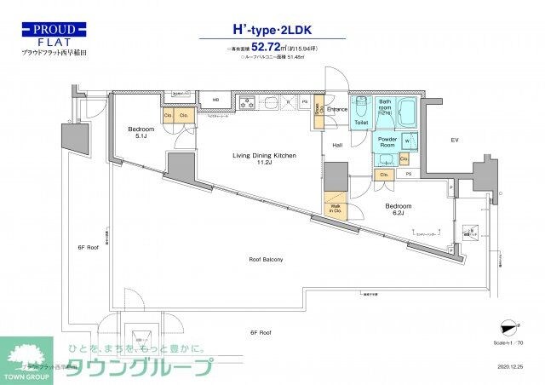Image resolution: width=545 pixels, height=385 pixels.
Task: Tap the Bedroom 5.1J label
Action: tap(141, 133)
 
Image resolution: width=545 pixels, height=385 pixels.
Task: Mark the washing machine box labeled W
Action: tap(406, 141)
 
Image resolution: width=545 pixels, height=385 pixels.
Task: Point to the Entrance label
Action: tap(336, 110)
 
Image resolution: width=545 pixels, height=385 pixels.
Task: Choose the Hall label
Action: tap(337, 146)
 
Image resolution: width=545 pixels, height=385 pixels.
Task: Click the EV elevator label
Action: tap(454, 140)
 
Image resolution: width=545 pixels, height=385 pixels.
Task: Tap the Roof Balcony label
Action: tap(266, 259)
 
